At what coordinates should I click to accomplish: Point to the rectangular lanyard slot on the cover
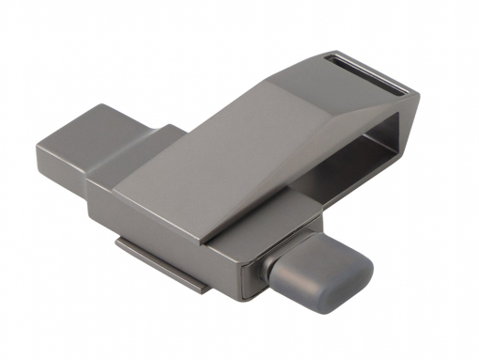(367, 70)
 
